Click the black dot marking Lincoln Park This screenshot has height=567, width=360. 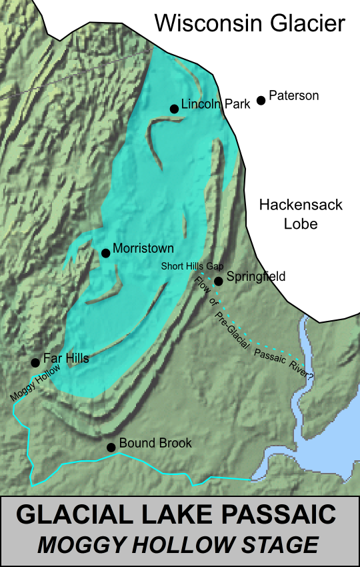(174, 109)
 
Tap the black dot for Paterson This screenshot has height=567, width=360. (261, 100)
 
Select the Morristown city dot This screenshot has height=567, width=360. (105, 253)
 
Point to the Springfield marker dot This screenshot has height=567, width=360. (219, 280)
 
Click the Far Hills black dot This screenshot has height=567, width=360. (35, 363)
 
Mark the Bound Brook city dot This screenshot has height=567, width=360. (111, 447)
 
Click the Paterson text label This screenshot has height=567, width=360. (293, 96)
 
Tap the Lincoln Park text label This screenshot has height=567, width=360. (215, 103)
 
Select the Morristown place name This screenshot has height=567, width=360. (143, 248)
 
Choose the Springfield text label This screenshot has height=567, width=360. (256, 276)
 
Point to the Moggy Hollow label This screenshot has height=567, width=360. (36, 382)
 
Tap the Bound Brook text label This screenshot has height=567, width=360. (155, 443)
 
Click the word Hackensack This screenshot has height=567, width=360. (301, 205)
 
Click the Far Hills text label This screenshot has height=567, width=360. (66, 358)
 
